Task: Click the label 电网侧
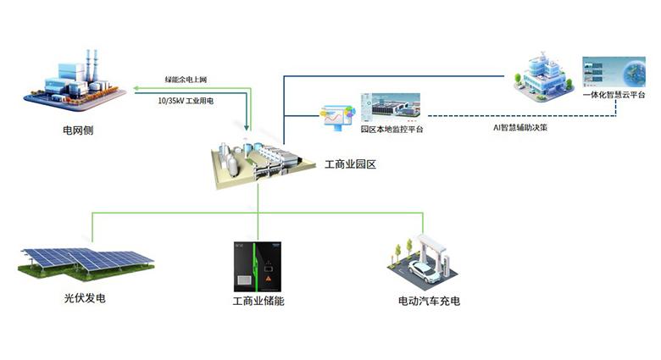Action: tap(79, 131)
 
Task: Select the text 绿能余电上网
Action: tap(186, 80)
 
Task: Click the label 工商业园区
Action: tap(350, 164)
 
